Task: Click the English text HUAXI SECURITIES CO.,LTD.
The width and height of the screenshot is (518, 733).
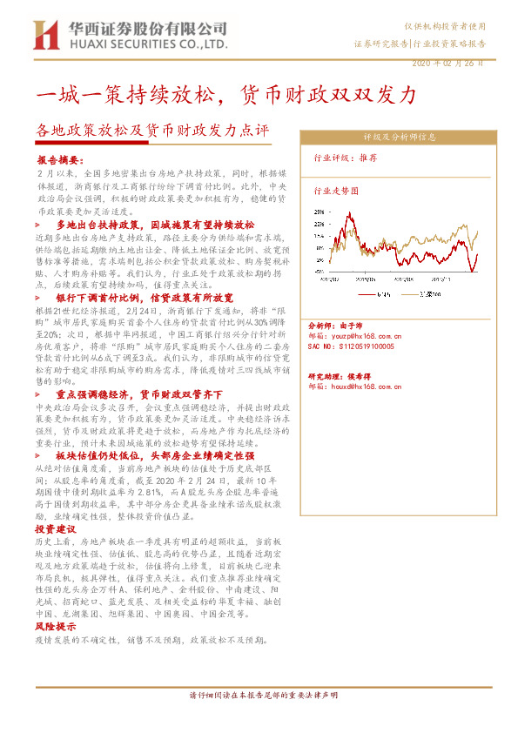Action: (x=144, y=43)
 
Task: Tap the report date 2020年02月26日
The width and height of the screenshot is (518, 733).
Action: (x=446, y=64)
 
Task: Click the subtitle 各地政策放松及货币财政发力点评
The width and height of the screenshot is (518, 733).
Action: (x=152, y=131)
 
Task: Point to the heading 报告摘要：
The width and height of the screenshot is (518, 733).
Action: (x=61, y=161)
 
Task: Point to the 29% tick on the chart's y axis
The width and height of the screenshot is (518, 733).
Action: (x=319, y=211)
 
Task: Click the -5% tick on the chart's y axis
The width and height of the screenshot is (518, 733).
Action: (x=319, y=272)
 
